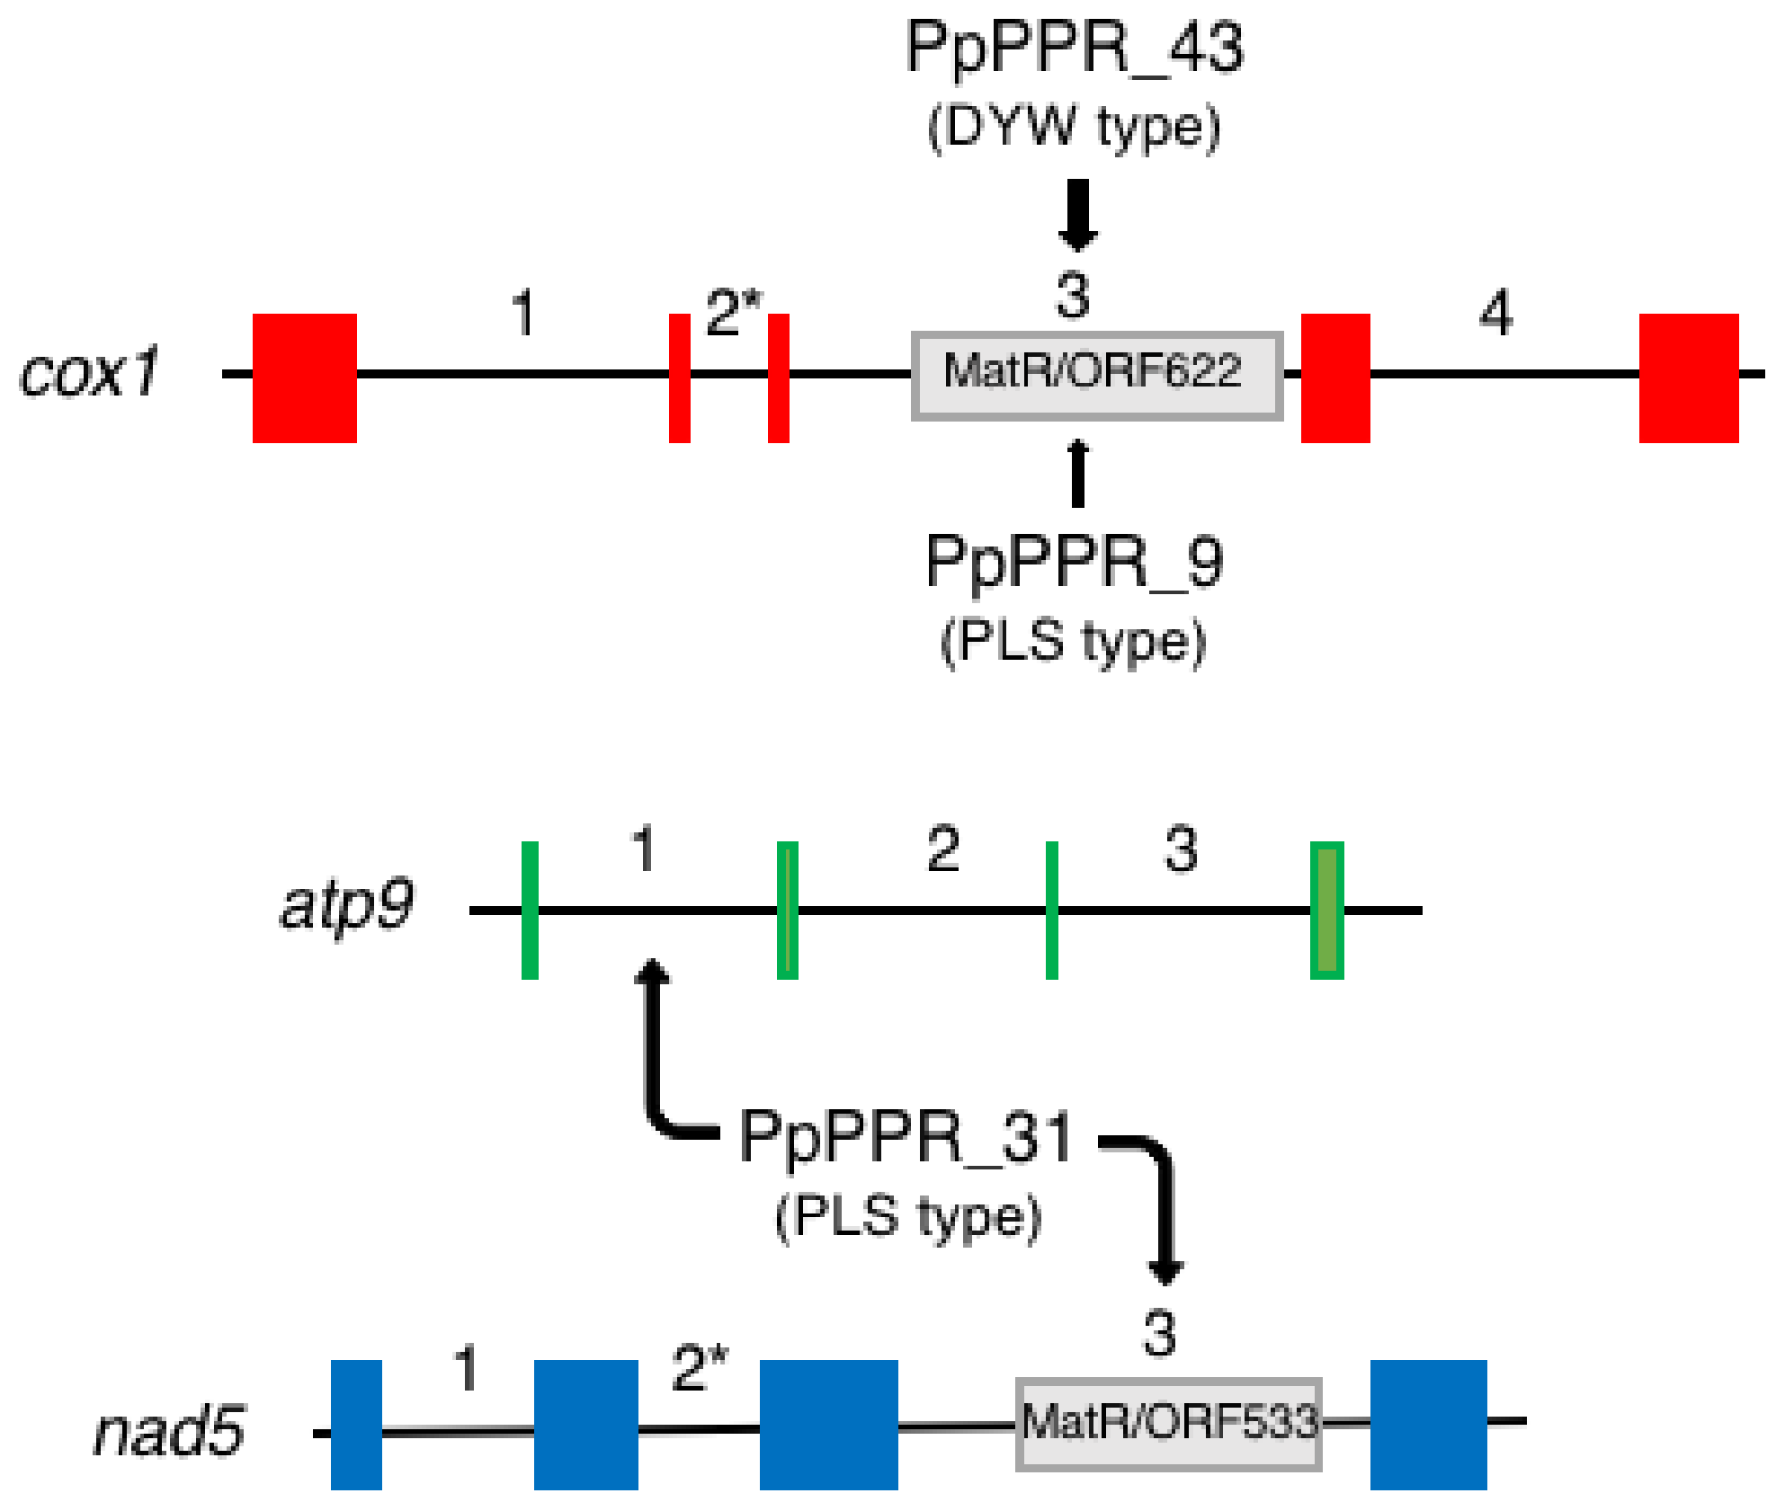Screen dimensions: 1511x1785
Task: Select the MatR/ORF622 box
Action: [1096, 375]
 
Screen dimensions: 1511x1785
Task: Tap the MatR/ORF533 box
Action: [1168, 1423]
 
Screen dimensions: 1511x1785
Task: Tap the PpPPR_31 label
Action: [906, 1137]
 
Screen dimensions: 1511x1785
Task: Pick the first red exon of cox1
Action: [304, 378]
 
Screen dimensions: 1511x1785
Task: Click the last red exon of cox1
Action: [1688, 378]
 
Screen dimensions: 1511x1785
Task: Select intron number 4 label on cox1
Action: [1496, 313]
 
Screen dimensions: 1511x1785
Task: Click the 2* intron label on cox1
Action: [733, 313]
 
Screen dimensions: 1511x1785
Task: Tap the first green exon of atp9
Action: [530, 910]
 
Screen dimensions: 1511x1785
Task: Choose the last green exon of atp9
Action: [1326, 910]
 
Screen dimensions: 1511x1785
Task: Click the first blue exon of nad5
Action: [356, 1424]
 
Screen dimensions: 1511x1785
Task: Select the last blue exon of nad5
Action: [1428, 1424]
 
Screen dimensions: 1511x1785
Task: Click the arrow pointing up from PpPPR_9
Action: [1077, 472]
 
